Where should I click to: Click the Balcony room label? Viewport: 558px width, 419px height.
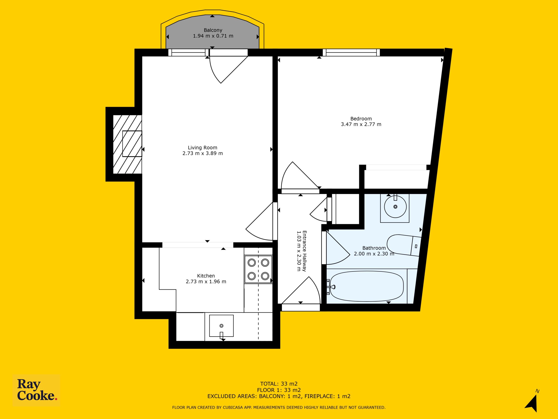213,30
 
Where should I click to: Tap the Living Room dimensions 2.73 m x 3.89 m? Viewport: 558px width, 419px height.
202,153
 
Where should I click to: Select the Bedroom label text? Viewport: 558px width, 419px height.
361,119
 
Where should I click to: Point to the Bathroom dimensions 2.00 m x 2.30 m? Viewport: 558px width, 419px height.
374,254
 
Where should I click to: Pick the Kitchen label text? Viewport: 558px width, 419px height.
206,276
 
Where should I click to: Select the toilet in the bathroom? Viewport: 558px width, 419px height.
404,246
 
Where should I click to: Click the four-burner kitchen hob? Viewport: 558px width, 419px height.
258,269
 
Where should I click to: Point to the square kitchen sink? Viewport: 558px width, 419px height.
221,326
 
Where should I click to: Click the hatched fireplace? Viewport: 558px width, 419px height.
127,144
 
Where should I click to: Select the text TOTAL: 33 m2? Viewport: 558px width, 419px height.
279,384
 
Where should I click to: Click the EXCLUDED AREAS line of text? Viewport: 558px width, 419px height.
279,396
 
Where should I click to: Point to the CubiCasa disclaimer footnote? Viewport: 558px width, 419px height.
279,407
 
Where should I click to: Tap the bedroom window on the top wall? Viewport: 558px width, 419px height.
351,53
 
